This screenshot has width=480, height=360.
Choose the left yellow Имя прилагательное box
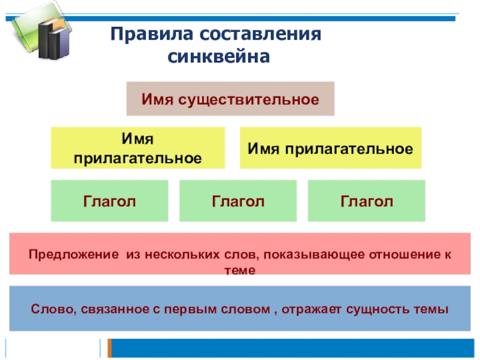click(x=137, y=148)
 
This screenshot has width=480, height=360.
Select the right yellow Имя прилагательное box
click(x=331, y=148)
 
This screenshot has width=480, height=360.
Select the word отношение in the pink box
click(x=406, y=254)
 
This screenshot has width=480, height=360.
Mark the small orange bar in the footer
click(x=109, y=348)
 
